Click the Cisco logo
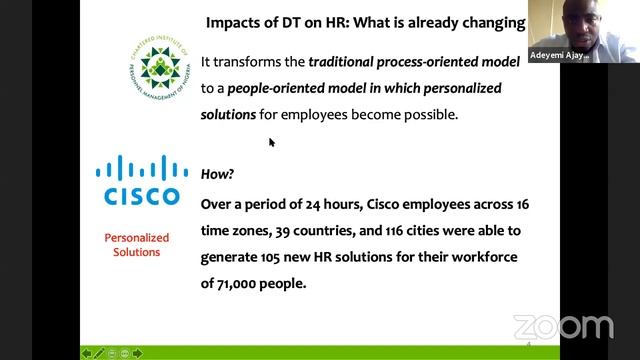click(137, 180)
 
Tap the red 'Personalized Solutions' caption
click(137, 245)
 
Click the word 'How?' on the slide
click(217, 173)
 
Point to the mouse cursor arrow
click(271, 142)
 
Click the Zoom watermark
click(562, 327)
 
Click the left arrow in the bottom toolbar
click(87, 352)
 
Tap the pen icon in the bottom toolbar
click(99, 352)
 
